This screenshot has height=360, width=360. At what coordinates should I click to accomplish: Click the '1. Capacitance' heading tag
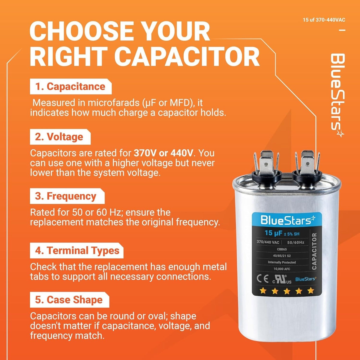[71, 86]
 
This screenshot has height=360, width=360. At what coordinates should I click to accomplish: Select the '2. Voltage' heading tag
[60, 137]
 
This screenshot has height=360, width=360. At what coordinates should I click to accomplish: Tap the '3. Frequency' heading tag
[67, 196]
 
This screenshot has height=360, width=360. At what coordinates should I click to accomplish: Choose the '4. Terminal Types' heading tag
[76, 250]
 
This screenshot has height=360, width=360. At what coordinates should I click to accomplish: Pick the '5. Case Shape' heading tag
[70, 300]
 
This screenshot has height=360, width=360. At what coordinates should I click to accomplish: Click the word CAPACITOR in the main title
[187, 56]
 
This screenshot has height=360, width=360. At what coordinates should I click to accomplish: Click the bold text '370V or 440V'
[163, 153]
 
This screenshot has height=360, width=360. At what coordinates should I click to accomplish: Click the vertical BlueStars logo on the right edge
[337, 95]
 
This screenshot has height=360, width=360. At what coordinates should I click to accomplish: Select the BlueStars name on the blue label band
[288, 220]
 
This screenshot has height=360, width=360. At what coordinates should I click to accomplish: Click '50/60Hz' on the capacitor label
[296, 242]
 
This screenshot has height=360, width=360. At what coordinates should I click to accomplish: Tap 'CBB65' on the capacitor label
[282, 249]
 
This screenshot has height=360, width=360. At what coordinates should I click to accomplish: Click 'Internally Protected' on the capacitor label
[282, 262]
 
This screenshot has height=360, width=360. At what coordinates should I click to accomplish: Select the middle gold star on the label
[287, 291]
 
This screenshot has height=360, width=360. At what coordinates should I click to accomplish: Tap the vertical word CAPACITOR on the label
[314, 251]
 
